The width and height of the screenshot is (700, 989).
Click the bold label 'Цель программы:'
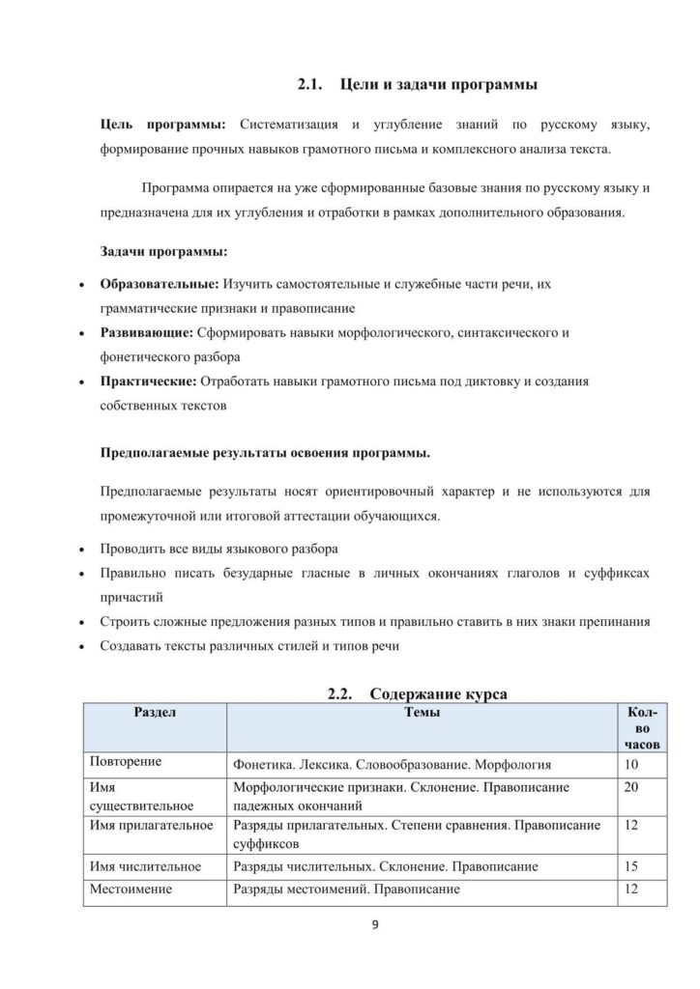163,126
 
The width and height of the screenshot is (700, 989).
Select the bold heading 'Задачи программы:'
163,251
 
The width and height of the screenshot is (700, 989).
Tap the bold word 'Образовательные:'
160,285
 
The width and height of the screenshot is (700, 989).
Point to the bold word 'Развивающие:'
146,333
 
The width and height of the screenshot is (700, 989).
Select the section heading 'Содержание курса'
439,693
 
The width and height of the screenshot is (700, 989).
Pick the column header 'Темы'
422,712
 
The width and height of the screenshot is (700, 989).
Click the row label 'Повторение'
125,764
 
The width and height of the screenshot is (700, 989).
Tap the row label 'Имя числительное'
144,866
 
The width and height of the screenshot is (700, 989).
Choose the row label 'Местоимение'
131,890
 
